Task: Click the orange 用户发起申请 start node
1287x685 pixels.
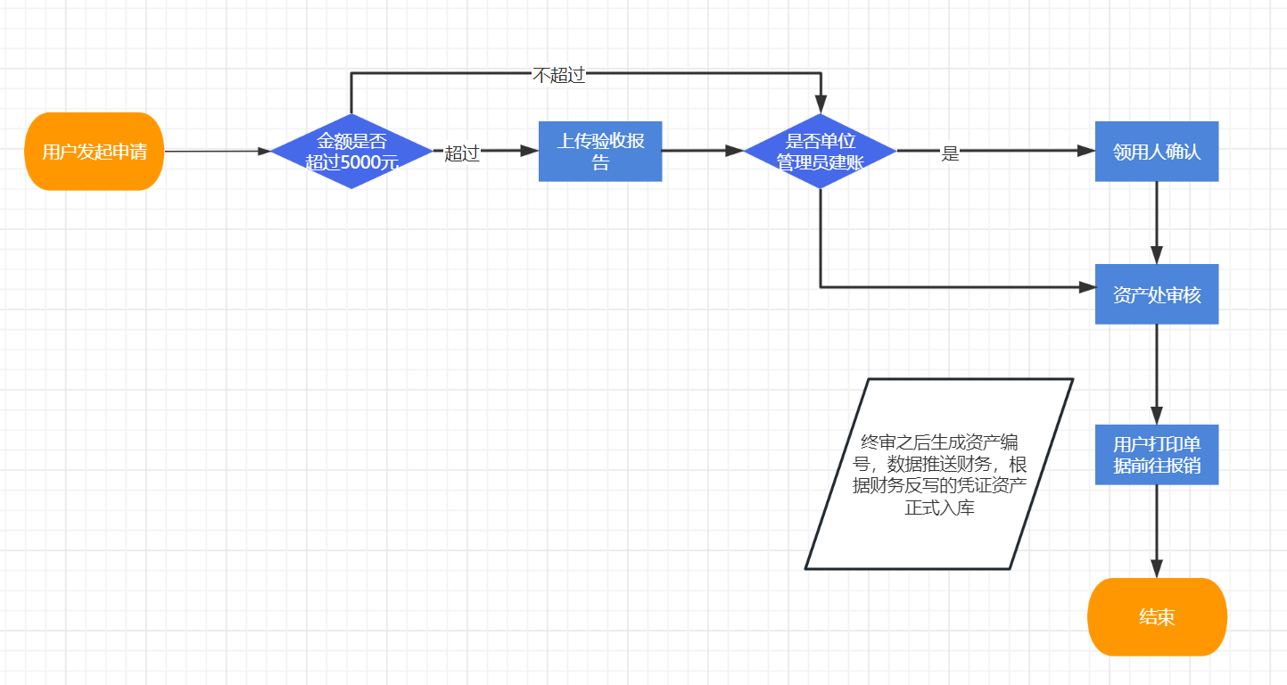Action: click(95, 152)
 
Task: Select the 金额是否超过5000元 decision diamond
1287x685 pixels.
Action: click(351, 152)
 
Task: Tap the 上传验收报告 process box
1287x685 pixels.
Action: click(600, 152)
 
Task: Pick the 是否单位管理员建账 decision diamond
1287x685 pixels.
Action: click(820, 152)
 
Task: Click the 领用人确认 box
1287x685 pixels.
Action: click(1157, 152)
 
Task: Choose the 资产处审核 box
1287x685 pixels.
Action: click(1157, 294)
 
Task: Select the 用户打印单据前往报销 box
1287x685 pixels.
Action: click(1157, 455)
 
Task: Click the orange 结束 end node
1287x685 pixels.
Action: click(1157, 616)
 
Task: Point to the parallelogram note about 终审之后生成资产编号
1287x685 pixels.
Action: click(938, 474)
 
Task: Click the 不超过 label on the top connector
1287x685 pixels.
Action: click(558, 75)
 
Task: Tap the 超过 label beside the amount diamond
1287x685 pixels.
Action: click(462, 153)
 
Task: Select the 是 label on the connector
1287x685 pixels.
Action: click(950, 153)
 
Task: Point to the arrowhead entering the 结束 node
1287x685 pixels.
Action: click(1157, 569)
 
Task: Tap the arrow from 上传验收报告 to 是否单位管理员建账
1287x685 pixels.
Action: click(700, 152)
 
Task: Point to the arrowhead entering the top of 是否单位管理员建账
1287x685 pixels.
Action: click(821, 104)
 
